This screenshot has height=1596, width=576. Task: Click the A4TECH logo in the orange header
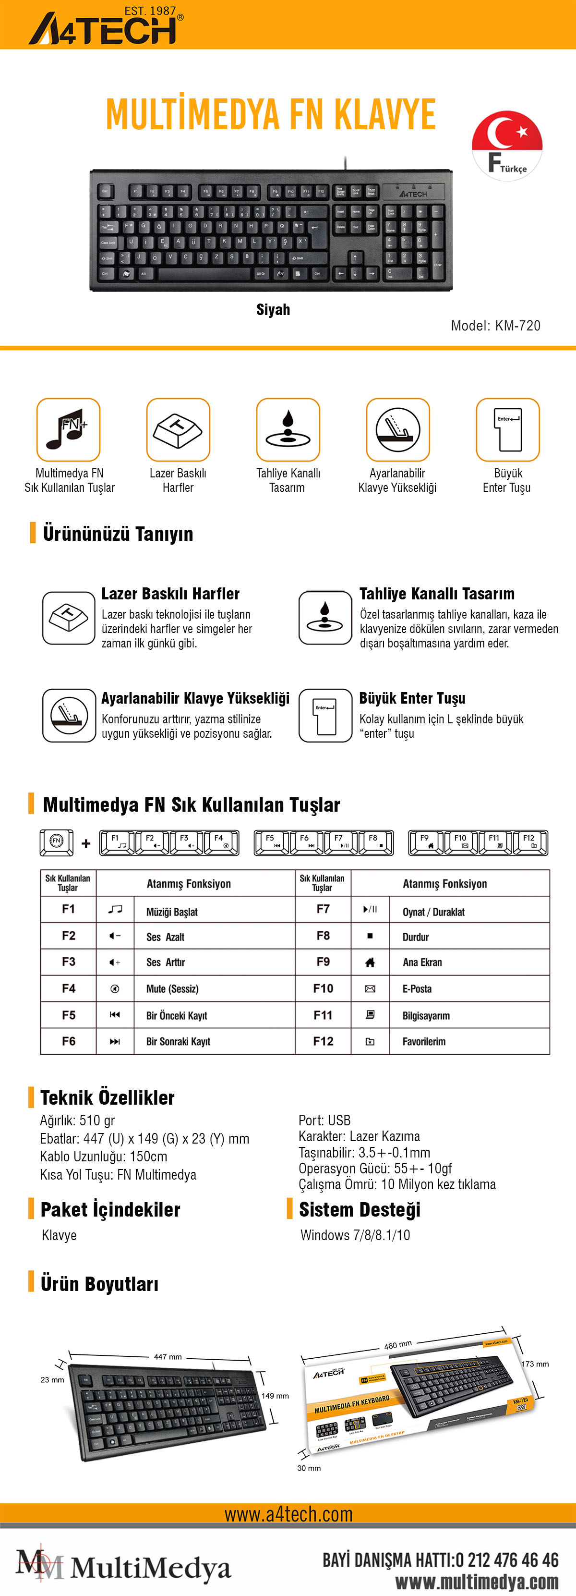tap(105, 27)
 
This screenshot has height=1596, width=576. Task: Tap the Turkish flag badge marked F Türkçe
tap(506, 146)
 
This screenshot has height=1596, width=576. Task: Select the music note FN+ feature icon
tap(68, 429)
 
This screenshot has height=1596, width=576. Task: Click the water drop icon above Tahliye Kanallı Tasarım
tap(288, 429)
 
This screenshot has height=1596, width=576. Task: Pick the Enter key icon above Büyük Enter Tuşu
tap(507, 429)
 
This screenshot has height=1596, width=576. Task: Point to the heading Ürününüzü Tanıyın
tap(118, 534)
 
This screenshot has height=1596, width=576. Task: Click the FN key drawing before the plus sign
tap(56, 841)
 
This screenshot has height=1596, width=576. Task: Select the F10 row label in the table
tap(323, 988)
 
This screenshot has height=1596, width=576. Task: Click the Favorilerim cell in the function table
tap(424, 1041)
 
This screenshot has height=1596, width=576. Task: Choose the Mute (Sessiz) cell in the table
tap(172, 989)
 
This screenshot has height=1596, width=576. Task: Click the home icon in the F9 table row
tap(370, 962)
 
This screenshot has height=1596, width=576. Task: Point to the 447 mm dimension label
tap(167, 1356)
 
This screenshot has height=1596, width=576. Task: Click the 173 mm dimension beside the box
tap(535, 1364)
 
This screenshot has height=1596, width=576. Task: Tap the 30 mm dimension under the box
tap(309, 1468)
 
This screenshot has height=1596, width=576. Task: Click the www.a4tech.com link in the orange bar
tap(288, 1514)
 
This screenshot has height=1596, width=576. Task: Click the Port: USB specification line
tap(324, 1120)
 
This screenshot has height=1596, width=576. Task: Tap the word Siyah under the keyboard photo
tap(273, 310)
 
